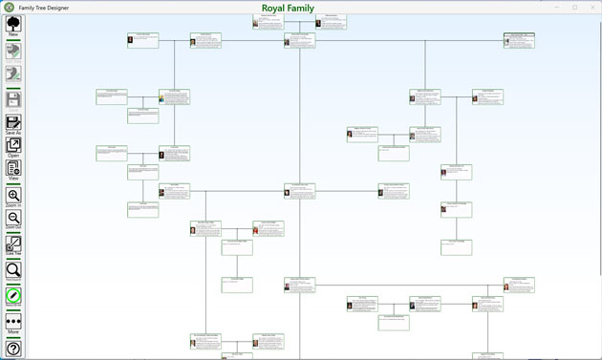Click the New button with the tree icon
[x=13, y=24]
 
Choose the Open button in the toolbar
[x=13, y=146]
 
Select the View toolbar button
[x=13, y=170]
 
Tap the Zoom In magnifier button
[x=13, y=197]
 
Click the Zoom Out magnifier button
[x=13, y=219]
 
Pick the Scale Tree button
[x=13, y=245]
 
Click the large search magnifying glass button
[x=13, y=271]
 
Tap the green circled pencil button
[x=13, y=296]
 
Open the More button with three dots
[x=13, y=323]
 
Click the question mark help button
[x=13, y=349]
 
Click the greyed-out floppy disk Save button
[x=13, y=99]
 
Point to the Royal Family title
[x=288, y=8]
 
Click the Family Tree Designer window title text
[x=43, y=8]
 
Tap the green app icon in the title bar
[x=9, y=8]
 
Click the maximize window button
[x=574, y=7]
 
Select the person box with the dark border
[x=519, y=40]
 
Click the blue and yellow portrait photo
[x=161, y=98]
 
